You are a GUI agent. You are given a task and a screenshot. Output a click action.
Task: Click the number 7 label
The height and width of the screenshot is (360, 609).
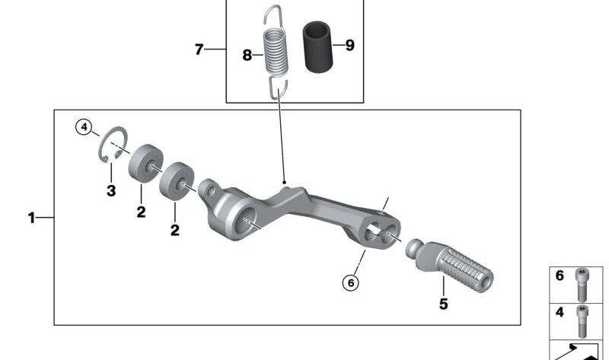199,49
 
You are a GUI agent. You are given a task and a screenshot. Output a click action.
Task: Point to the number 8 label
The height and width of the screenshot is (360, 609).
247,55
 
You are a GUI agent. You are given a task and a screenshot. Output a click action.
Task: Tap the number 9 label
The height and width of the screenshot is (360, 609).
350,46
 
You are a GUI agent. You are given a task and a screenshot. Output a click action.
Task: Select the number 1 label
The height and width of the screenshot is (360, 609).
31,218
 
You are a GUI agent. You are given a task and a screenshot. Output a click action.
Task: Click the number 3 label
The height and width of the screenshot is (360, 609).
111,191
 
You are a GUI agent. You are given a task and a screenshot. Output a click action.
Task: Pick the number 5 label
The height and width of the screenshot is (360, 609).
444,304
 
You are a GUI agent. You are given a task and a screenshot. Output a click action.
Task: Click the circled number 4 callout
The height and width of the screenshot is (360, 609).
84,127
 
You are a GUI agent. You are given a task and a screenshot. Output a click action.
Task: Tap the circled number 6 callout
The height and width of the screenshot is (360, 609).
351,282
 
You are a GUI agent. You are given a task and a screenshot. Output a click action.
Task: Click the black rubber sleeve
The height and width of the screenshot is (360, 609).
318,48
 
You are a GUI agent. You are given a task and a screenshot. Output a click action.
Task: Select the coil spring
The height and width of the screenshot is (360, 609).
276,52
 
